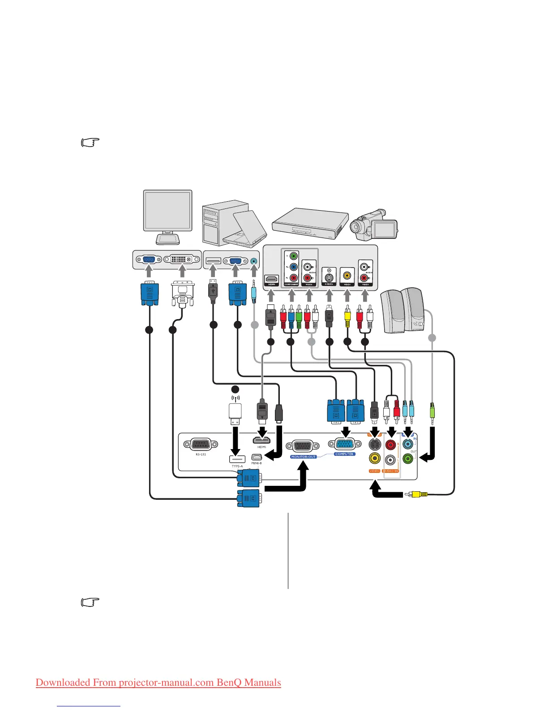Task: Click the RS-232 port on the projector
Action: pyautogui.click(x=201, y=445)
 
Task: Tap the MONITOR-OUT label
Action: pyautogui.click(x=304, y=457)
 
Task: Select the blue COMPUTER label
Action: pyautogui.click(x=344, y=454)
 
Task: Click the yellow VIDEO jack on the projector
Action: pyautogui.click(x=375, y=459)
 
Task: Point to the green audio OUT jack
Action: pyautogui.click(x=407, y=459)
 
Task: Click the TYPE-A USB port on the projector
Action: pyautogui.click(x=237, y=459)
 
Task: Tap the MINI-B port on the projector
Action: pyautogui.click(x=256, y=457)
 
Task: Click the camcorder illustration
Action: pyautogui.click(x=374, y=225)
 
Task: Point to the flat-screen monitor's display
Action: pyautogui.click(x=167, y=210)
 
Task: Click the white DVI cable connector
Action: pyautogui.click(x=183, y=294)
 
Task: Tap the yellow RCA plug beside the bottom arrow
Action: pyautogui.click(x=416, y=494)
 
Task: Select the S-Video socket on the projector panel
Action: pyautogui.click(x=375, y=444)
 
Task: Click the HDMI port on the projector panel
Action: pyautogui.click(x=261, y=440)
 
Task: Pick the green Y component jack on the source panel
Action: pyautogui.click(x=293, y=256)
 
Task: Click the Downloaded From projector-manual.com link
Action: pyautogui.click(x=158, y=682)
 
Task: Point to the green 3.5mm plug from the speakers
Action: pyautogui.click(x=432, y=412)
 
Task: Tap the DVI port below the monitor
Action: pyautogui.click(x=182, y=260)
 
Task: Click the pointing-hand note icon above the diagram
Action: pyautogui.click(x=90, y=143)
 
